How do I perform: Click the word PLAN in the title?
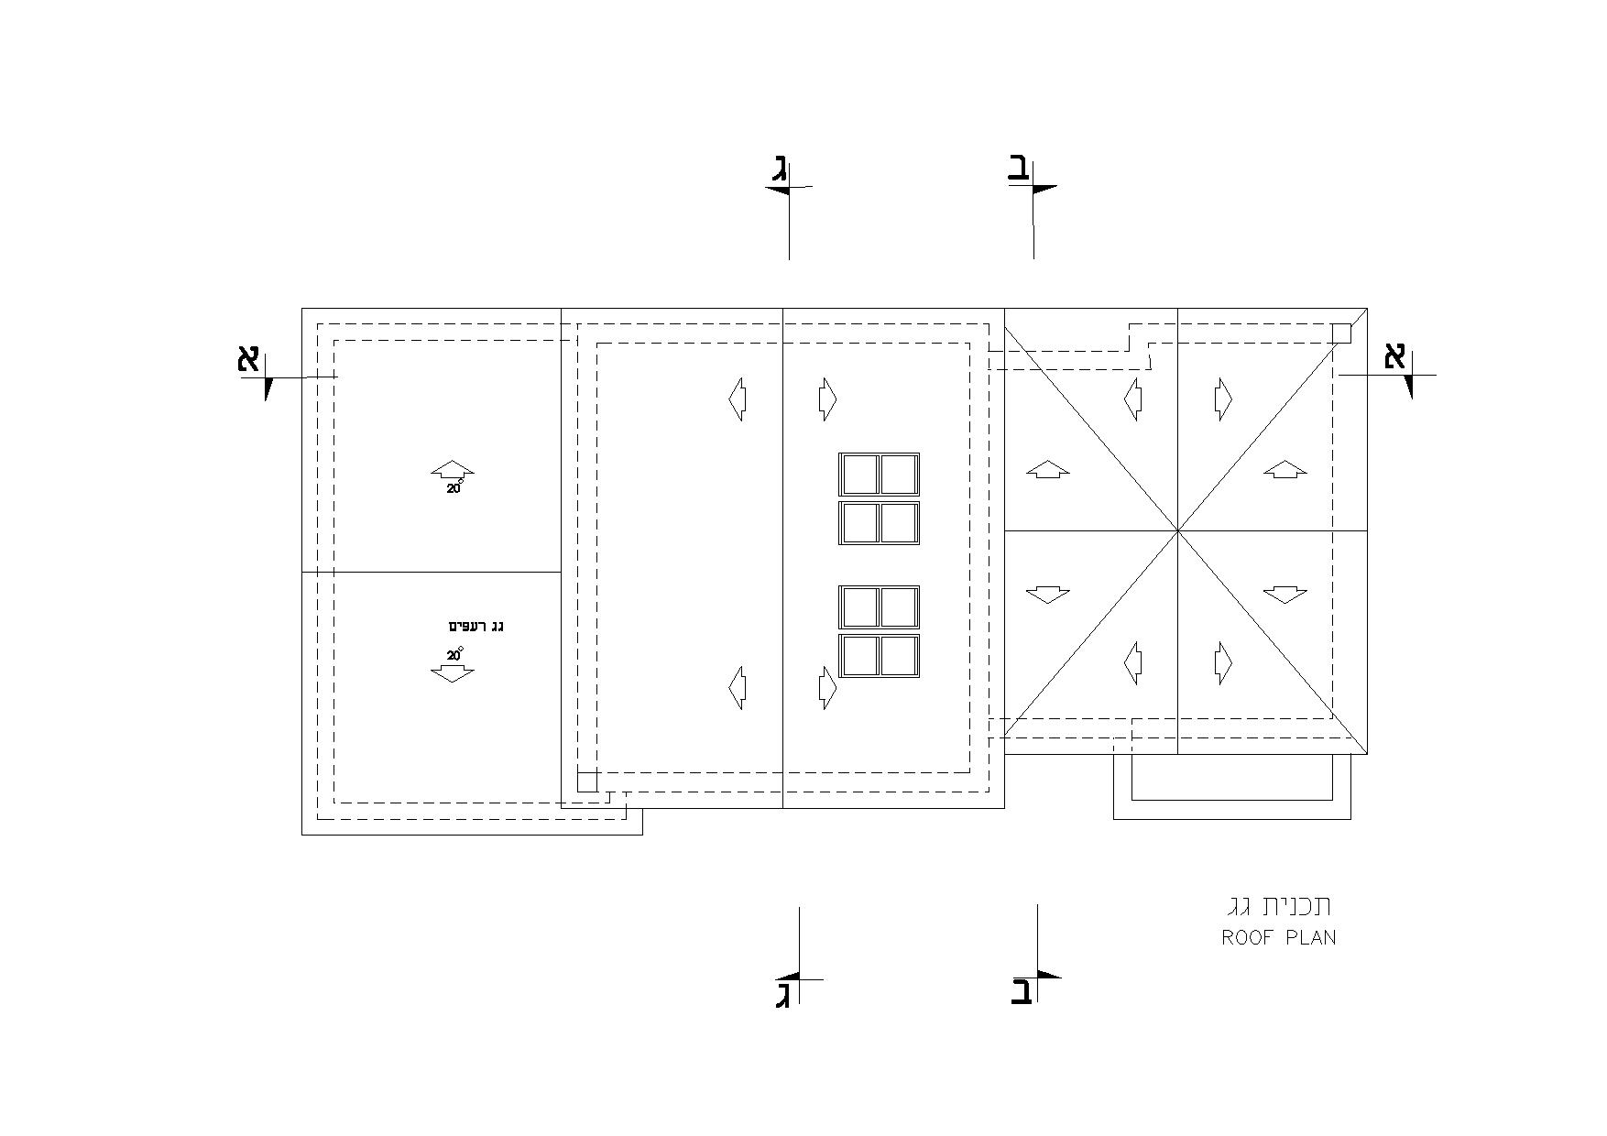(x=1311, y=938)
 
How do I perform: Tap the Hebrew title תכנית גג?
(x=1280, y=906)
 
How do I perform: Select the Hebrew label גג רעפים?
(x=476, y=627)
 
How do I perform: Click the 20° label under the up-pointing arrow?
(x=455, y=488)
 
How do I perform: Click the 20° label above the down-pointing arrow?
(x=455, y=654)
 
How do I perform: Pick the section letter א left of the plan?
(x=248, y=358)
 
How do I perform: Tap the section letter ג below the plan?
(x=783, y=994)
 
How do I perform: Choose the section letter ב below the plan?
(x=1022, y=992)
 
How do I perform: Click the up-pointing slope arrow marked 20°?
(x=453, y=470)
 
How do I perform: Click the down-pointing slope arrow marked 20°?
(x=453, y=673)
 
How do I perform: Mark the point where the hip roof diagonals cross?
(x=1178, y=530)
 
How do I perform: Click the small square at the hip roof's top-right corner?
(x=1341, y=333)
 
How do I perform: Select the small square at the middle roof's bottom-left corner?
(x=587, y=781)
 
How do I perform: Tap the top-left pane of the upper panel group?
(x=859, y=475)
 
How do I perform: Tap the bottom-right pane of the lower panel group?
(x=899, y=656)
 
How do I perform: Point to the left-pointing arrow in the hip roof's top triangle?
(x=1133, y=399)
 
